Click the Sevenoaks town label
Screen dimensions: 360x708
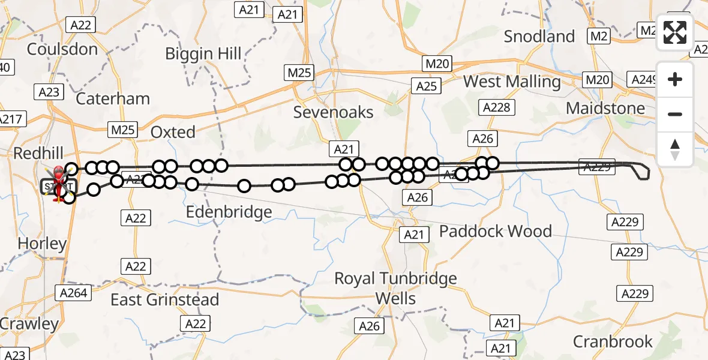click(333, 112)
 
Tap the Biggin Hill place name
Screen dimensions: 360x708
click(203, 54)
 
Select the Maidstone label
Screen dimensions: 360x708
click(605, 109)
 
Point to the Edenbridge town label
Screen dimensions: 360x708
click(229, 212)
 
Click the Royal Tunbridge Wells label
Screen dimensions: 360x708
click(395, 288)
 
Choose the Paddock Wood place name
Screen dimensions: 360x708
click(496, 232)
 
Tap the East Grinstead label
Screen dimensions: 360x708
click(164, 299)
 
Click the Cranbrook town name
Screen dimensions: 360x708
click(613, 342)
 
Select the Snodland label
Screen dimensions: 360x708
click(539, 37)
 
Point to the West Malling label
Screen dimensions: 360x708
click(512, 82)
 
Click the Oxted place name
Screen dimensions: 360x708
click(173, 132)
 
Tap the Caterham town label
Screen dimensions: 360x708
click(113, 98)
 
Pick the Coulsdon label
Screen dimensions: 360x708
click(62, 49)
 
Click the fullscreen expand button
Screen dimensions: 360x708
click(675, 32)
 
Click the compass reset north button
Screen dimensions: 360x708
click(675, 149)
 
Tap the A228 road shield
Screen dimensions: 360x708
click(496, 107)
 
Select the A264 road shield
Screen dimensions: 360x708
click(73, 293)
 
